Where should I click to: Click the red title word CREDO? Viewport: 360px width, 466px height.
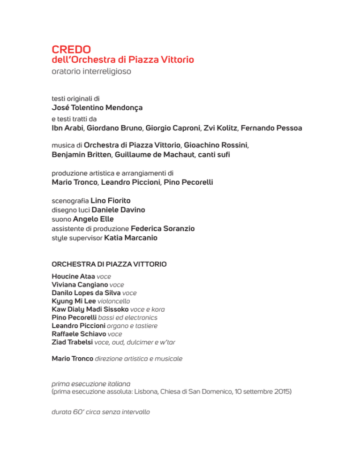point(71,49)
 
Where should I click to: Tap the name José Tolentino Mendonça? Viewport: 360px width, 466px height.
point(97,108)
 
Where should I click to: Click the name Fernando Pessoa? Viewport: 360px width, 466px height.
point(265,128)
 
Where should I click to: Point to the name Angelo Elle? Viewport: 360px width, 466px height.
point(94,219)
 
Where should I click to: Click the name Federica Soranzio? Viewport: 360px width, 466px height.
point(163,228)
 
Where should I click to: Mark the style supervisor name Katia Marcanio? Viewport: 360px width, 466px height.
point(131,238)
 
